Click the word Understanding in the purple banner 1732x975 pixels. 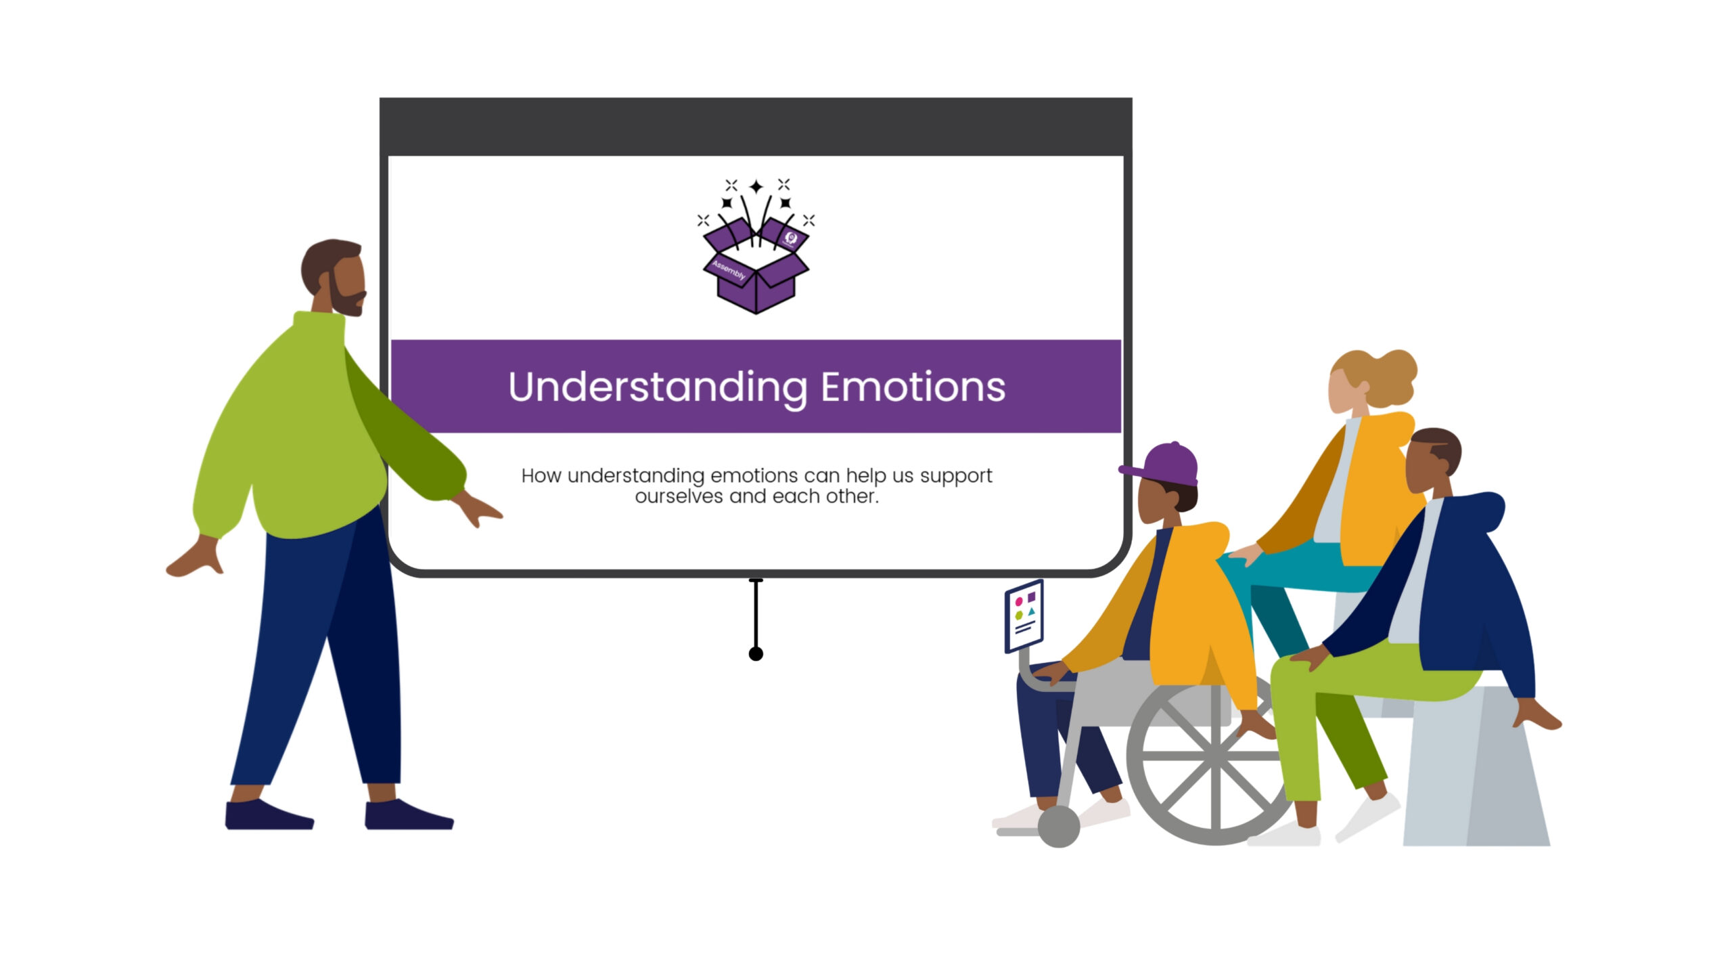[x=658, y=388]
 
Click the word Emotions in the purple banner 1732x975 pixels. [x=913, y=387]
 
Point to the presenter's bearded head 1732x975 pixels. [x=334, y=277]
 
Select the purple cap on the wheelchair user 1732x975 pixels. [x=1164, y=464]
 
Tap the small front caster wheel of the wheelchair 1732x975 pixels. [x=1059, y=827]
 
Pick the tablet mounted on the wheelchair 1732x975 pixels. [x=1024, y=616]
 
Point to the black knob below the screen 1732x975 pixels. [x=756, y=653]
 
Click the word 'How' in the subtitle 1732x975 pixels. [x=541, y=476]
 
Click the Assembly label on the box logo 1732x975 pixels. [x=729, y=270]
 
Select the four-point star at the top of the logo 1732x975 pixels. [x=756, y=186]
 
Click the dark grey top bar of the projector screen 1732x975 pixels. [x=756, y=127]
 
